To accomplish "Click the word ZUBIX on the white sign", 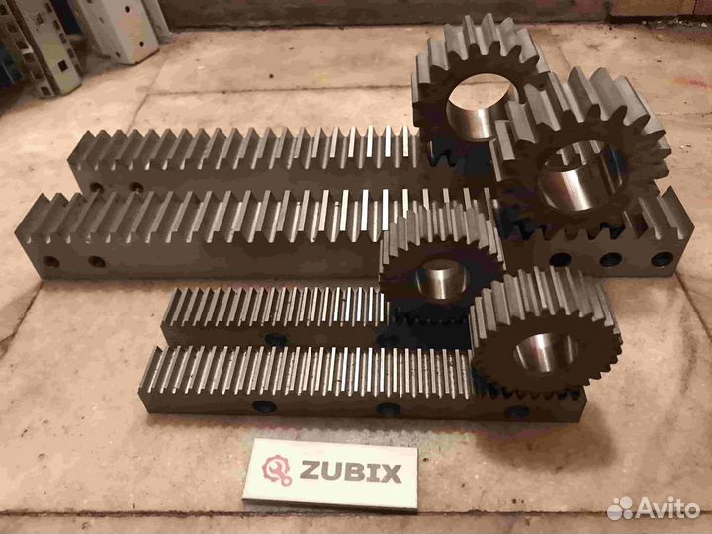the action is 350,473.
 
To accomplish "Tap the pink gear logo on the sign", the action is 277,470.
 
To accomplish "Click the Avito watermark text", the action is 667,509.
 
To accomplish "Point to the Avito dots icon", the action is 620,508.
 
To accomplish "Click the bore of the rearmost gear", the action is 481,107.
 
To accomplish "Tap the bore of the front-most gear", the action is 545,353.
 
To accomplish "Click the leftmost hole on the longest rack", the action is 50,261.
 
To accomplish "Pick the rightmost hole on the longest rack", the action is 663,259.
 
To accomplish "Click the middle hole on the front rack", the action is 389,409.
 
